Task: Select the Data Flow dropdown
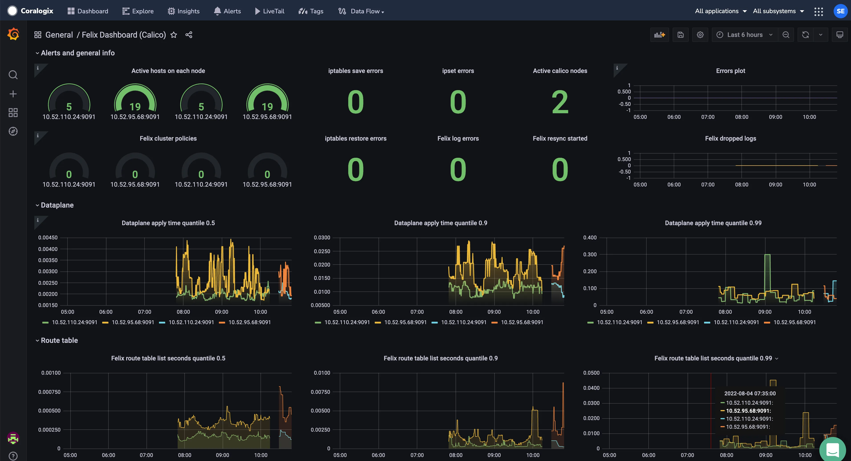pyautogui.click(x=361, y=11)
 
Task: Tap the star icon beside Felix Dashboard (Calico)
pyautogui.click(x=174, y=35)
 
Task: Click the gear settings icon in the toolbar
pyautogui.click(x=700, y=35)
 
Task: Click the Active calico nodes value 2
pyautogui.click(x=560, y=102)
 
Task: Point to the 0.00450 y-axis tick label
pyautogui.click(x=48, y=238)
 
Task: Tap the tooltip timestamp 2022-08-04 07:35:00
pyautogui.click(x=750, y=393)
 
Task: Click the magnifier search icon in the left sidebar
pyautogui.click(x=13, y=75)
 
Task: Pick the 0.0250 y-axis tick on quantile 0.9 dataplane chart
pyautogui.click(x=322, y=251)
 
